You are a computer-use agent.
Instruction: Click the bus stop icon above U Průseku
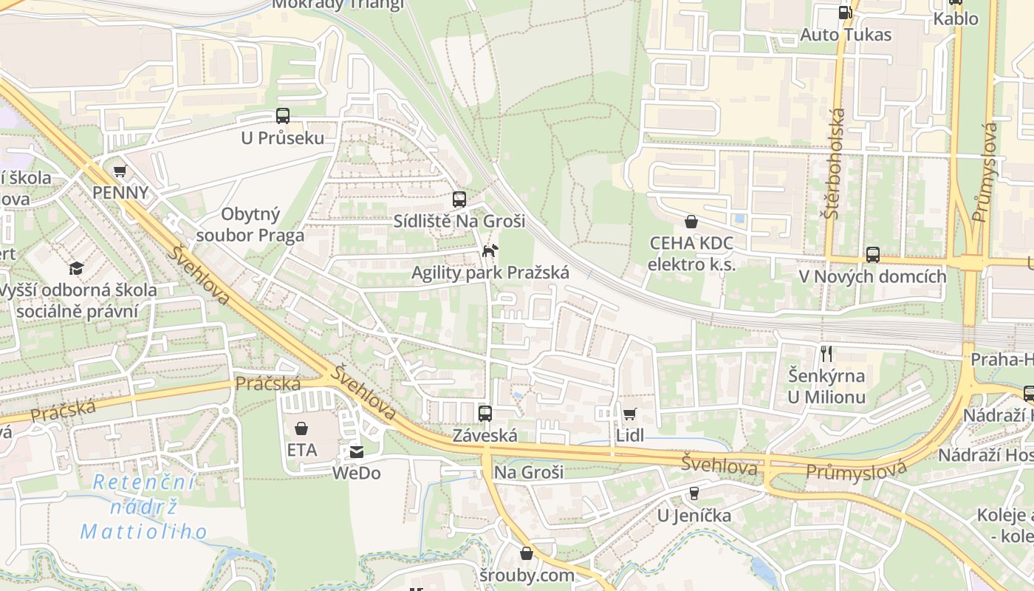(282, 116)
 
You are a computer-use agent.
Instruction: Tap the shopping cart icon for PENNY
(120, 171)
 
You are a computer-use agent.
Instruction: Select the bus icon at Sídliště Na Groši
(459, 199)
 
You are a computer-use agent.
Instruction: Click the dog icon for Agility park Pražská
(490, 251)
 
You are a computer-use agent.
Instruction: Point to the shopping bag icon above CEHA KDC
(691, 222)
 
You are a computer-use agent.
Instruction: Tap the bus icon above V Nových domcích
(872, 255)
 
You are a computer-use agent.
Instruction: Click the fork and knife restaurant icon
(826, 354)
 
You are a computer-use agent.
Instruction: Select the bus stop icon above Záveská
(485, 414)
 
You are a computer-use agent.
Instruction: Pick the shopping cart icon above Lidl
(629, 414)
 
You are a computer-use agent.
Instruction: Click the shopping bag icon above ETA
(301, 428)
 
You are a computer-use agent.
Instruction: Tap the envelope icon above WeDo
(356, 451)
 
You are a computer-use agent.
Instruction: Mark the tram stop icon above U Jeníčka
(694, 493)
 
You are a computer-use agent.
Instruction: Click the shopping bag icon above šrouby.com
(526, 553)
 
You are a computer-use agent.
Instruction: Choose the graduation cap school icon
(76, 268)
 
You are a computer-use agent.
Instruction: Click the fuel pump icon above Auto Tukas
(845, 13)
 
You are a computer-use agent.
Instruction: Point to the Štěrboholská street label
(836, 163)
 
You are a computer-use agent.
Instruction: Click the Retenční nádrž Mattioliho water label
(143, 507)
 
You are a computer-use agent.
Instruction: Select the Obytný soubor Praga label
(251, 225)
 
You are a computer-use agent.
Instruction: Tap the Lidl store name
(630, 436)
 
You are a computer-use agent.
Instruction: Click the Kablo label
(956, 19)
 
